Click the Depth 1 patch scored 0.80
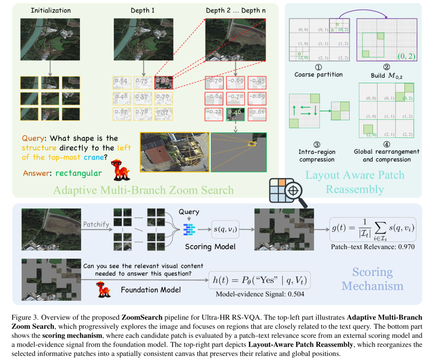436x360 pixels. click(x=164, y=82)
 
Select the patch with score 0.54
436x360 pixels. click(x=120, y=82)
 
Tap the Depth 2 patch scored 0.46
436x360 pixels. click(x=235, y=113)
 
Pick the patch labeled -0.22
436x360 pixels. click(x=214, y=113)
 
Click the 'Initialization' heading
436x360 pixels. click(x=50, y=10)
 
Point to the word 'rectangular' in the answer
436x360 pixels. click(x=78, y=174)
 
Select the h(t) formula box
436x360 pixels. click(x=259, y=279)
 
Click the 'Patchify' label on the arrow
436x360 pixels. click(x=96, y=224)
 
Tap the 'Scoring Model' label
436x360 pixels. click(x=205, y=246)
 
